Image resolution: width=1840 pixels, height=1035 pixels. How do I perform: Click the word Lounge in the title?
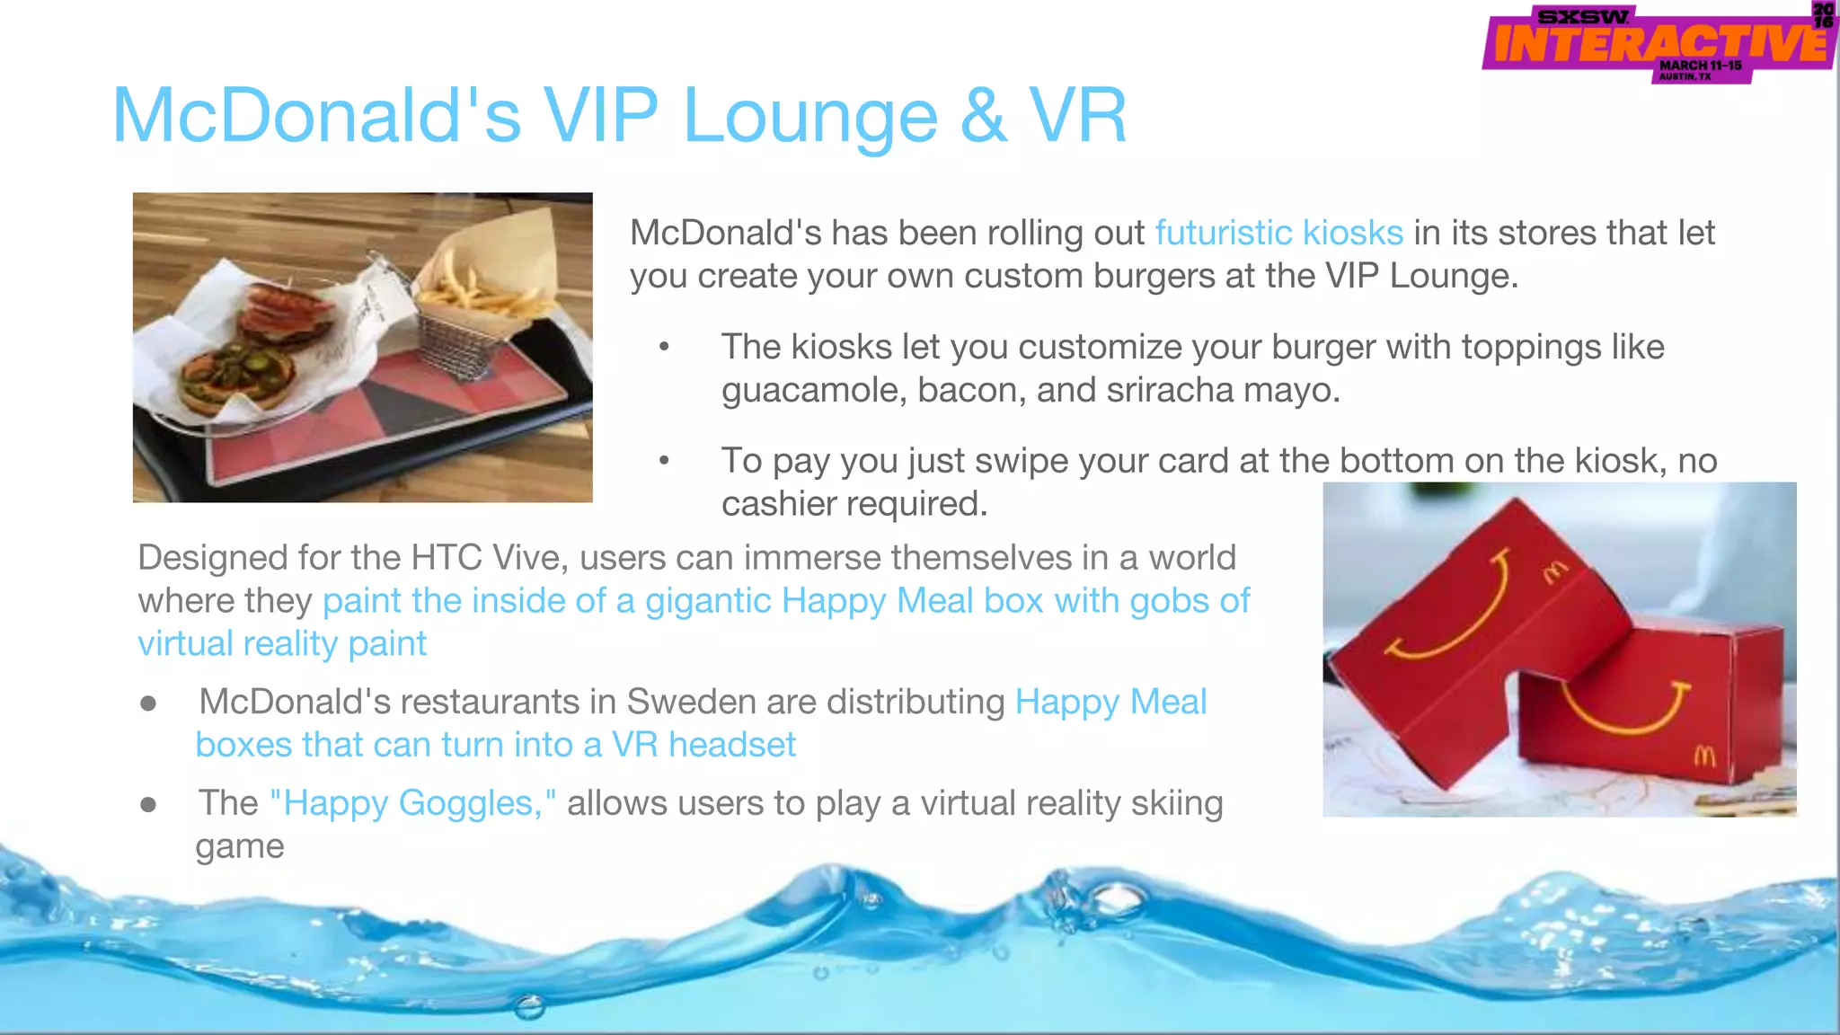coord(809,117)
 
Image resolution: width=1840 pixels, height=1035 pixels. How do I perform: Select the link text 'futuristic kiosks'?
coord(1278,233)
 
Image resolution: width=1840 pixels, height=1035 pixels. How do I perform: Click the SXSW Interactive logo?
coord(1659,43)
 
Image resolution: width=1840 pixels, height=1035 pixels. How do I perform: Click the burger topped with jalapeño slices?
coord(235,377)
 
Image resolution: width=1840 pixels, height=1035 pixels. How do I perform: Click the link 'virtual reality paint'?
coord(282,644)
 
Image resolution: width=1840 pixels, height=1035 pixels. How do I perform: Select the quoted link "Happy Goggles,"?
coord(412,803)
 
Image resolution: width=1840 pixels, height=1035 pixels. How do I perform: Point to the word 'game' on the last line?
coord(240,846)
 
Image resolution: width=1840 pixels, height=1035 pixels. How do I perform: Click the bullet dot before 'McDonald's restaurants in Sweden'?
coord(149,703)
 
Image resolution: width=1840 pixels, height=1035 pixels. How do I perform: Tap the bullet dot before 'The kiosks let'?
coord(664,348)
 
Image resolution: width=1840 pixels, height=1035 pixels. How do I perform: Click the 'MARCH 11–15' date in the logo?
coord(1700,66)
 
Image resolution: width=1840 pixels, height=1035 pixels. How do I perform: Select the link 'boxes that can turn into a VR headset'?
coord(496,745)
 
